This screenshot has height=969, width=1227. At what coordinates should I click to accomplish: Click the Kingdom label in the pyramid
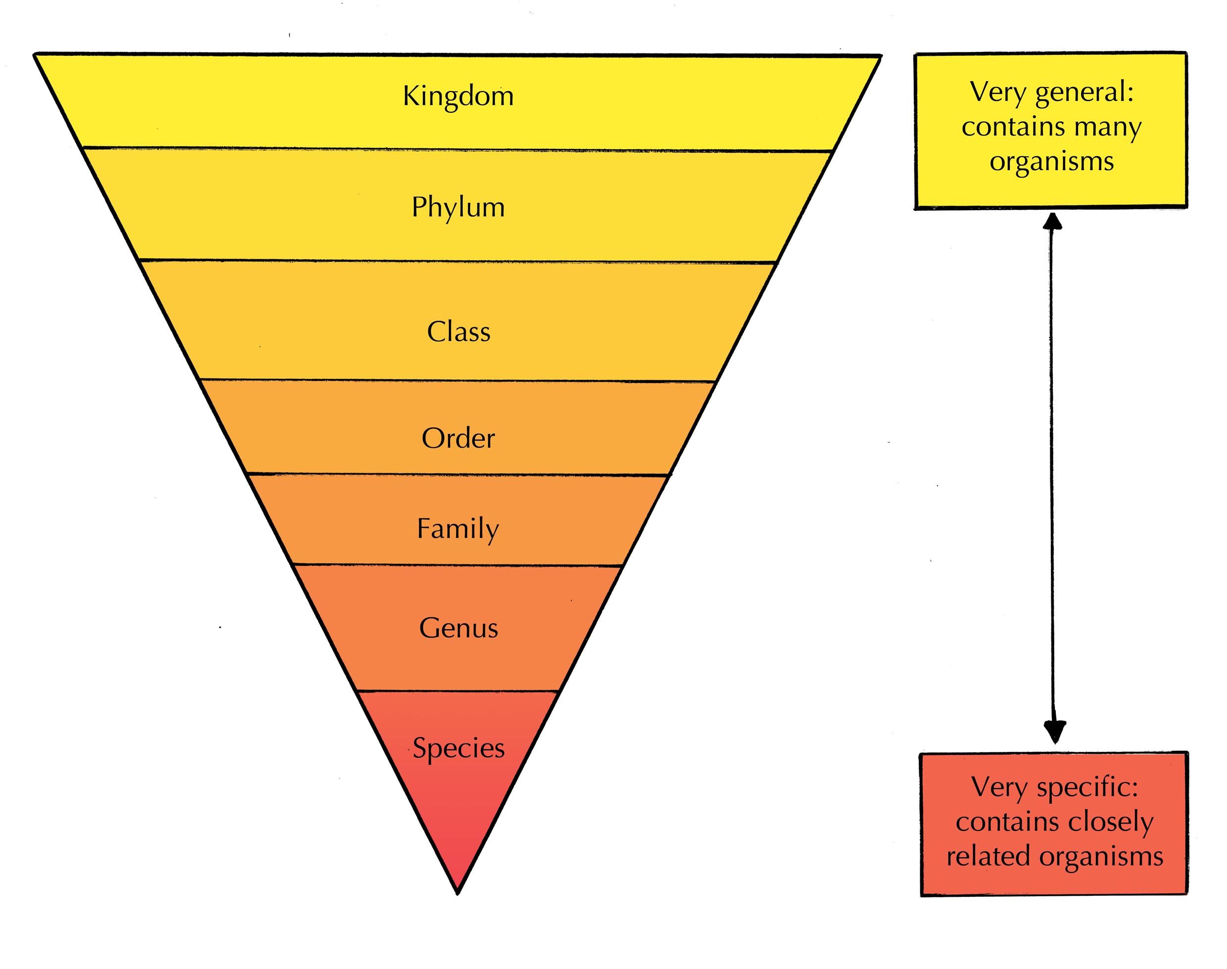tap(458, 96)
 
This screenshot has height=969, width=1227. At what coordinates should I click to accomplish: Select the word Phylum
tap(458, 208)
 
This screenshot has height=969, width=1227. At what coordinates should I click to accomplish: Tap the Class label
tap(459, 332)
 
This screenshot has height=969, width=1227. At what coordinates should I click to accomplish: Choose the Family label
tap(458, 529)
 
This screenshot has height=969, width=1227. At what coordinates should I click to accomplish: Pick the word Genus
tap(459, 629)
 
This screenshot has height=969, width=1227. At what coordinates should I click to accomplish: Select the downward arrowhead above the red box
tap(1054, 733)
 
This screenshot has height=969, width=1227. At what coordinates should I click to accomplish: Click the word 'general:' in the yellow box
tap(1084, 92)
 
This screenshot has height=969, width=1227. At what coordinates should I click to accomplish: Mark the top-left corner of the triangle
tap(35, 54)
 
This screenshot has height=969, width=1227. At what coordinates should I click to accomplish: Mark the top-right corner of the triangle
tap(880, 56)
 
